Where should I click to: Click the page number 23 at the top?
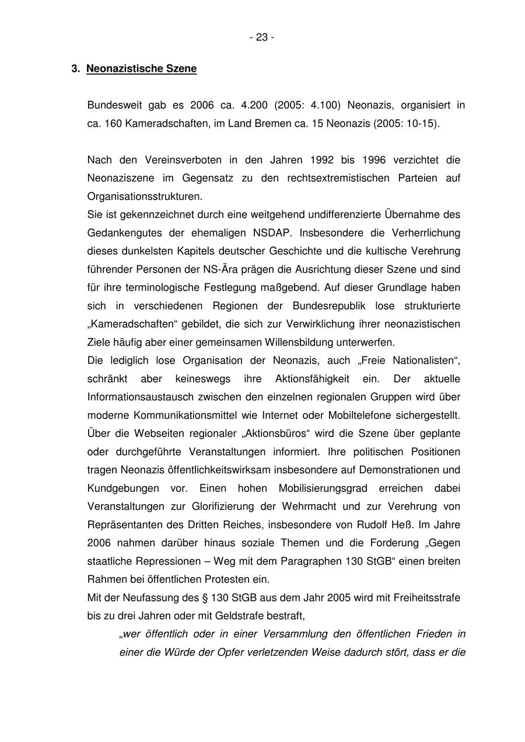[x=262, y=37]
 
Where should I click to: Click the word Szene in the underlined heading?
[x=182, y=69]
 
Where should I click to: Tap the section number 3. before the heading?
[x=75, y=69]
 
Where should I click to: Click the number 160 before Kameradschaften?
[x=113, y=124]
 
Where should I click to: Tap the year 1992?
[x=322, y=160]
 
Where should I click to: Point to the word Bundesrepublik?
[x=327, y=305]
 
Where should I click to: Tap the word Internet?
[x=282, y=415]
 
